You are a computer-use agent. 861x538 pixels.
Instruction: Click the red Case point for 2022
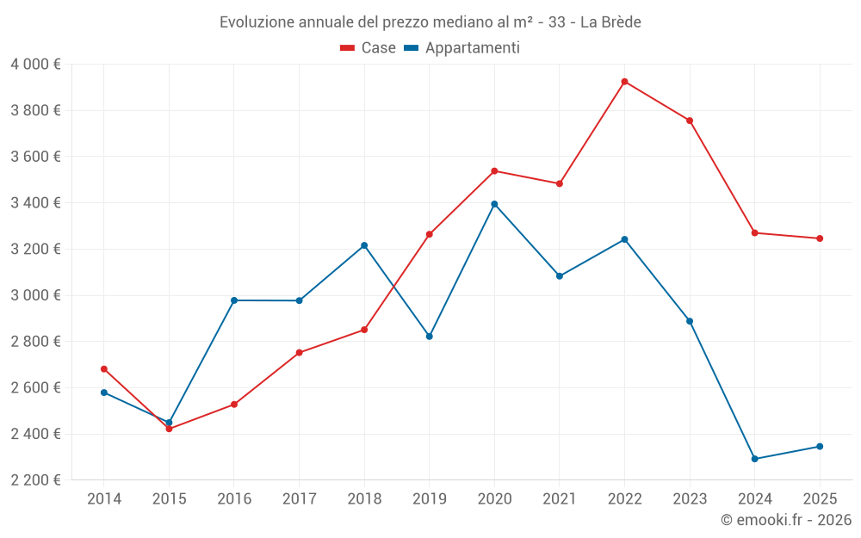[624, 82]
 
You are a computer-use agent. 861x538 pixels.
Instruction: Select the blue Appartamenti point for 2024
[754, 459]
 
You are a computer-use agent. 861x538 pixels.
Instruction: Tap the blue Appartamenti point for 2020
[494, 204]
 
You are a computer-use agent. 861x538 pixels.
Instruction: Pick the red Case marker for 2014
[104, 369]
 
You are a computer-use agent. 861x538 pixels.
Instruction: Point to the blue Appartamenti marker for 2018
[364, 245]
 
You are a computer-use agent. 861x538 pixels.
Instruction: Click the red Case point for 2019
[430, 234]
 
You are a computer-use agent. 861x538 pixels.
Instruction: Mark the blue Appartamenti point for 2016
[234, 300]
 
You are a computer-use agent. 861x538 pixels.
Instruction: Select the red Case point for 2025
[820, 238]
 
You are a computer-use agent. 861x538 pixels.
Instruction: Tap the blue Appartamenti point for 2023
[690, 321]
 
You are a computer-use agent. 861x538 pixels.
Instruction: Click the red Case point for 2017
[299, 353]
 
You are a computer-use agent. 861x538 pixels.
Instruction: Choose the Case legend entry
[369, 48]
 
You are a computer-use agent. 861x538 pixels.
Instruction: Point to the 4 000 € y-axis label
[35, 65]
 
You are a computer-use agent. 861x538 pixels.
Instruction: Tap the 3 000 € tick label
[35, 295]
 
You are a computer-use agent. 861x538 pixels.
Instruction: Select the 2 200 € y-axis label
[35, 480]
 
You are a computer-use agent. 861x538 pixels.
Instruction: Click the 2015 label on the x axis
[169, 499]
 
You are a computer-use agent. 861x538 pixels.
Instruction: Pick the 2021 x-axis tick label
[560, 499]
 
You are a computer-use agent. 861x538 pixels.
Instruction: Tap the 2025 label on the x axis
[820, 499]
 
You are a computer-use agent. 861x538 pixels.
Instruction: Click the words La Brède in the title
[610, 22]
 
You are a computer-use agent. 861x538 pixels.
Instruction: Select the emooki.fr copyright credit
[786, 520]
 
